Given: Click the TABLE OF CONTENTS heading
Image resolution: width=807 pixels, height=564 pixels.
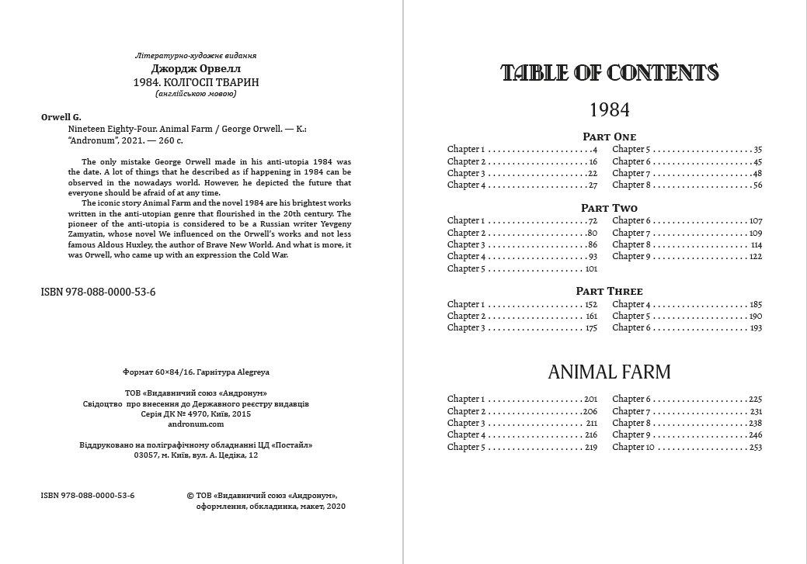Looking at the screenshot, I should [610, 73].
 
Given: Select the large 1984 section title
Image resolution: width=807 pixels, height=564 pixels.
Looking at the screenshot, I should [610, 109].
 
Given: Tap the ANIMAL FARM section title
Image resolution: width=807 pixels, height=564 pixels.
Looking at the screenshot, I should [610, 372].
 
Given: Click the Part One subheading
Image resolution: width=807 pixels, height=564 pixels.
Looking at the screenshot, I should [610, 137].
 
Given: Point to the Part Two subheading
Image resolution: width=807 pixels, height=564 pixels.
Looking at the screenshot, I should [610, 208].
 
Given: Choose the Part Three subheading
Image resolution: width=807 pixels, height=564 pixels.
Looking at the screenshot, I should [610, 291].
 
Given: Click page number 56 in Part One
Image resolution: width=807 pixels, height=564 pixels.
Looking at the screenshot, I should [757, 185].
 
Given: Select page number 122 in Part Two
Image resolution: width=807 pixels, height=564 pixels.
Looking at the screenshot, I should [755, 257].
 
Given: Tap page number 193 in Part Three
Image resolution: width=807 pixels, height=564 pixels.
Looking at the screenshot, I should [755, 328].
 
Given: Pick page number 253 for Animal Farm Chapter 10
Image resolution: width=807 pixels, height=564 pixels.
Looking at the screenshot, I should [755, 448].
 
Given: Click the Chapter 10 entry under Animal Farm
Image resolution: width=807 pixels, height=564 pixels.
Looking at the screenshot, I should [633, 448].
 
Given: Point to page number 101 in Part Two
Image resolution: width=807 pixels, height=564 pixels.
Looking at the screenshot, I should [590, 269].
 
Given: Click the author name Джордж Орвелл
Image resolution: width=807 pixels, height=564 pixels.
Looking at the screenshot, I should [196, 68].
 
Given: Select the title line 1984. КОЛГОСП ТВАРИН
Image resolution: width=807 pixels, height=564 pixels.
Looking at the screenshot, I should [196, 81].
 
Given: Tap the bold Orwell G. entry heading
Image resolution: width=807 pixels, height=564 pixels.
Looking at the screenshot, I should [61, 117].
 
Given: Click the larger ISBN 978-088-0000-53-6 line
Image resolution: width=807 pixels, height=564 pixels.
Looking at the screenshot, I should [98, 292].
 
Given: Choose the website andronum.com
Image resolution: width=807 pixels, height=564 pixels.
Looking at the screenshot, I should [196, 424].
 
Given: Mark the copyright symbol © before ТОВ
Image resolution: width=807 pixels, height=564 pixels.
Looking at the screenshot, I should [191, 494].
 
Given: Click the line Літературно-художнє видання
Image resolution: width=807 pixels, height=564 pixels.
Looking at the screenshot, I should [196, 56].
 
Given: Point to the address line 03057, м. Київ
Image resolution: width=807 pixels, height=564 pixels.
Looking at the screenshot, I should [196, 456].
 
